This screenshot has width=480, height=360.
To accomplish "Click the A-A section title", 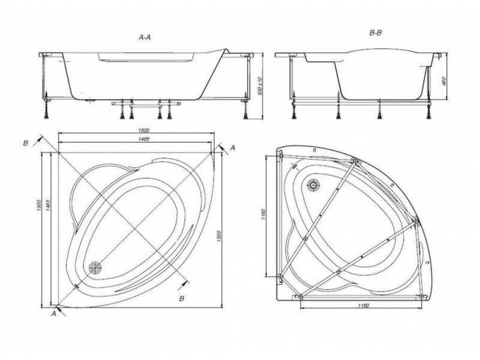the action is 145,37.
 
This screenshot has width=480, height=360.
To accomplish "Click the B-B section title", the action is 376,33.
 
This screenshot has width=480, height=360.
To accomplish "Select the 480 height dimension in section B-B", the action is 444,81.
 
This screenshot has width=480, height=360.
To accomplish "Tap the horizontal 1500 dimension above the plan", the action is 143,130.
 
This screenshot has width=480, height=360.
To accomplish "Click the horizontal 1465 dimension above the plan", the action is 143,139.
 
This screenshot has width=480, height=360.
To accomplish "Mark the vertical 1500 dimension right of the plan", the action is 218,236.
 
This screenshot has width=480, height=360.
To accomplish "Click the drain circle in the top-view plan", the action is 95,268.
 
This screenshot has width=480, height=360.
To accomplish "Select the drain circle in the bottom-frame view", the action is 313,185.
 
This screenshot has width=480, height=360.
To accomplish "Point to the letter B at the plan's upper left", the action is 26,143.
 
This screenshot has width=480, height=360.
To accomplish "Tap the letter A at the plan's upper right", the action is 233,148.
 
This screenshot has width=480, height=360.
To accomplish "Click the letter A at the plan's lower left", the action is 54,313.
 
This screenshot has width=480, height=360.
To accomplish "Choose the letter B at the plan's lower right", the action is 182,298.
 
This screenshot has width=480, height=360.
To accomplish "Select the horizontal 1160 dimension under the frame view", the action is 363,305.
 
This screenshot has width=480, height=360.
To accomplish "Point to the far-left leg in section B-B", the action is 294,110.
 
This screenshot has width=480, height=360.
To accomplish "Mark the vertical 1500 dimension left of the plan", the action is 39,205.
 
